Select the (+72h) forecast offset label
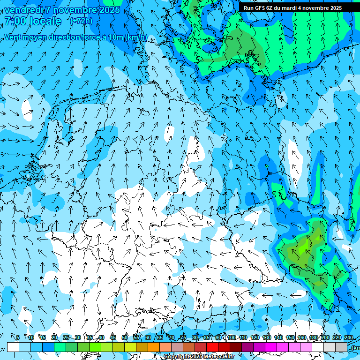81,21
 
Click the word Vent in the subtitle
14,37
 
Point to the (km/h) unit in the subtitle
136,37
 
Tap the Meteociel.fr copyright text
199,356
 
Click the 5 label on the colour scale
18,337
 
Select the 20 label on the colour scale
54,337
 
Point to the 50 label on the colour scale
125,337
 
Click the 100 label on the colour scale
232,337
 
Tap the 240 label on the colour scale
349,337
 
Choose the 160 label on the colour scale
302,337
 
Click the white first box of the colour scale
13,347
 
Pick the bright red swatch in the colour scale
212,347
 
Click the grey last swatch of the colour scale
341,347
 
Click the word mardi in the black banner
291,8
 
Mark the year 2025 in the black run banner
334,8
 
